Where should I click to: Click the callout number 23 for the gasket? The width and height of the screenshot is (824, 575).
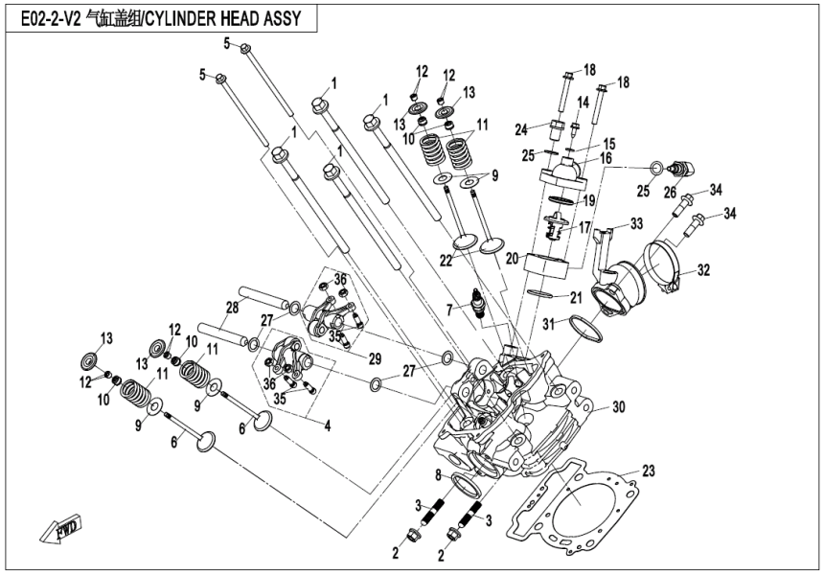coord(649,471)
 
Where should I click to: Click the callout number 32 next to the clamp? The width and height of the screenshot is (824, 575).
coord(703,271)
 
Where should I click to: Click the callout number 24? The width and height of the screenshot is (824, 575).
coord(521,129)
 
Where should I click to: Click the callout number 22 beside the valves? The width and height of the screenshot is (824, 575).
coord(446,261)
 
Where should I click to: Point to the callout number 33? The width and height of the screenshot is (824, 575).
coord(635,223)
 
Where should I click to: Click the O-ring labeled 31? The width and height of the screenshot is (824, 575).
coord(586,327)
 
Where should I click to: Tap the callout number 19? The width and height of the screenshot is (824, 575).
coord(589,201)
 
